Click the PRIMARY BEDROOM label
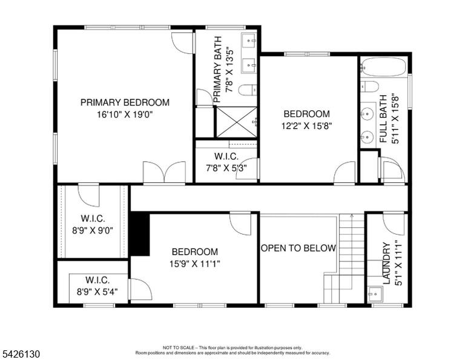coord(125,102)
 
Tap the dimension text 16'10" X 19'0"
coord(125,115)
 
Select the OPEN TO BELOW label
coord(298,248)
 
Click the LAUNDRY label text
coord(386,263)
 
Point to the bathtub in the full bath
coord(384,67)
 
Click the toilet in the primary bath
coord(248,90)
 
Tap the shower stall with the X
coord(236,122)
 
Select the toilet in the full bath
coord(369,87)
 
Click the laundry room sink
coord(375,294)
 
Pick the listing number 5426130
coord(21,354)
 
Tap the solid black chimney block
coord(140,233)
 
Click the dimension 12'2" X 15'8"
coord(306,126)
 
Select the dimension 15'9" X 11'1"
coord(194,264)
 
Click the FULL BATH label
coord(383,119)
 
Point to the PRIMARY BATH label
coord(217,70)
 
